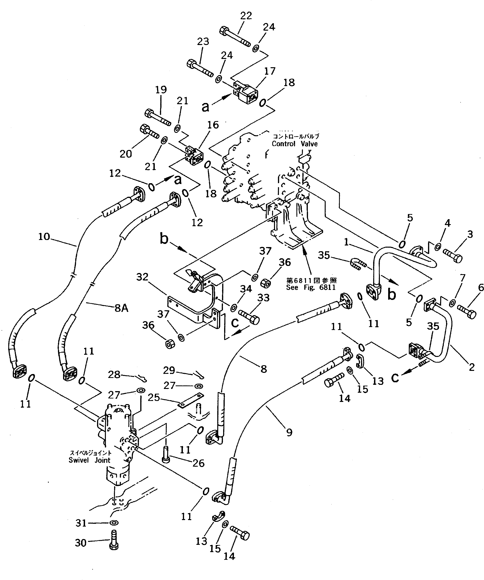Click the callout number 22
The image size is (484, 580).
[x=246, y=16]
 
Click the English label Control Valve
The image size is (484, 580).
[x=295, y=144]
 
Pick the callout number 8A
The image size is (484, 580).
[x=121, y=308]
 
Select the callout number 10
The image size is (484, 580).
[x=44, y=236]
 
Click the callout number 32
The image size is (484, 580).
[x=142, y=277]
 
